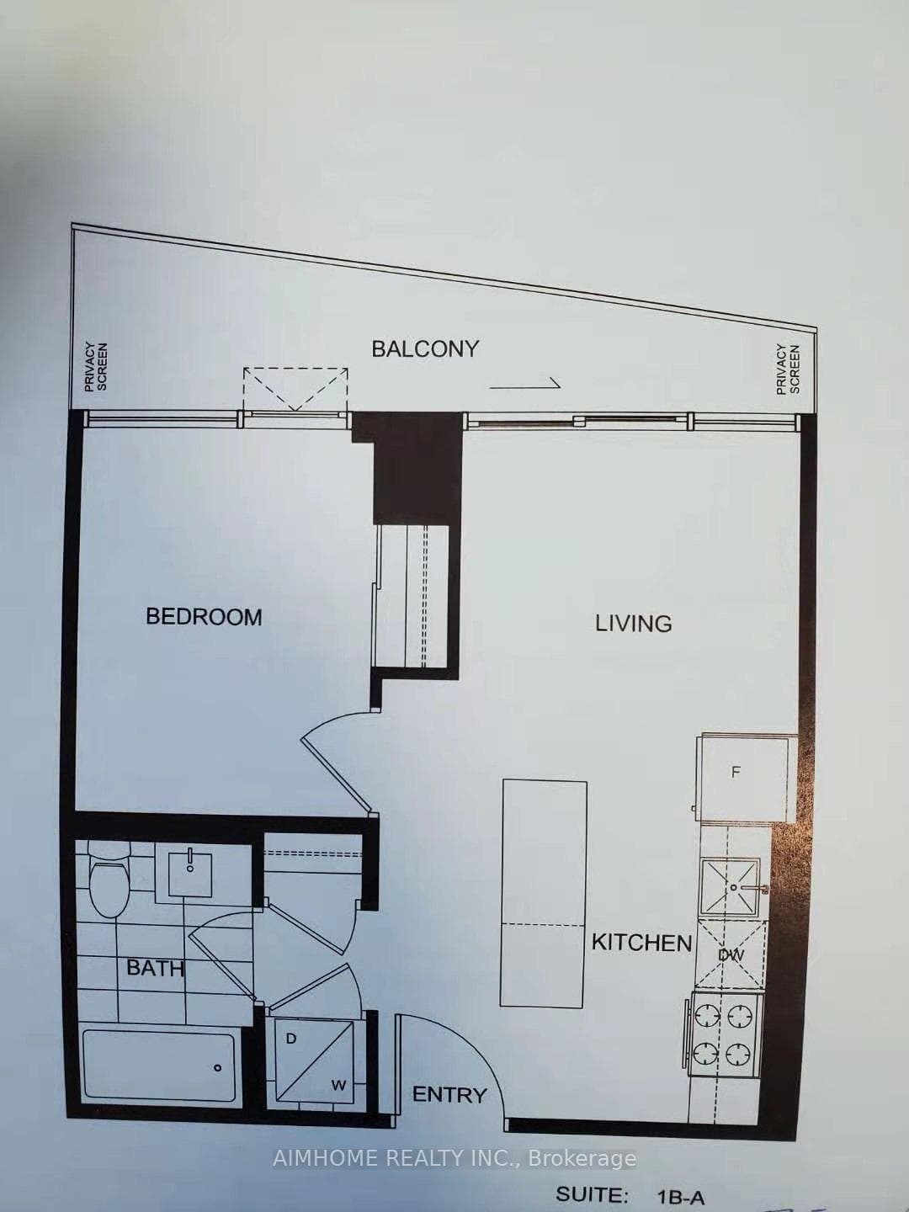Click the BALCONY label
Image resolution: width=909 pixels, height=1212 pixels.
click(x=425, y=349)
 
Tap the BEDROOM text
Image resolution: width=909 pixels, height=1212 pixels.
click(x=204, y=617)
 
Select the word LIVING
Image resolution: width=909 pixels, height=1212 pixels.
click(x=634, y=624)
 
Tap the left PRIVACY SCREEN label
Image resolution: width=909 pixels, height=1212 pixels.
click(x=95, y=367)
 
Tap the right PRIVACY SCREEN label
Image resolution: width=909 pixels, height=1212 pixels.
click(x=788, y=369)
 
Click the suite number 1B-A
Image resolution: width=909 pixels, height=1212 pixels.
click(x=681, y=1193)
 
